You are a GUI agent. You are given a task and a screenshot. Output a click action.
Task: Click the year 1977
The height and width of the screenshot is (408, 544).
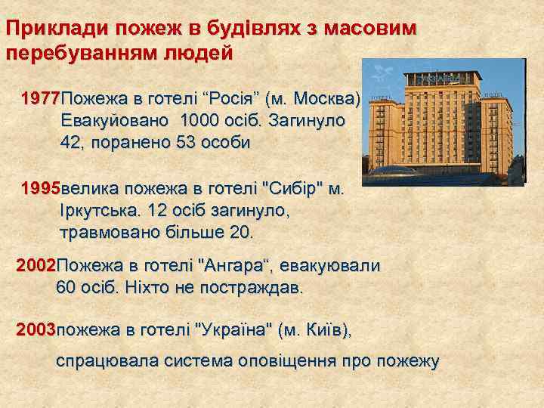tap(41, 99)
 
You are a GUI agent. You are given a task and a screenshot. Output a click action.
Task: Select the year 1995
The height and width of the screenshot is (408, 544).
tap(41, 188)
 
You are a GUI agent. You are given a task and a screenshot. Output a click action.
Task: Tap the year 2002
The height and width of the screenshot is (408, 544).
tap(36, 266)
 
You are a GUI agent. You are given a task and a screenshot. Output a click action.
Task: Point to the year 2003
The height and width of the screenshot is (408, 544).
tap(36, 329)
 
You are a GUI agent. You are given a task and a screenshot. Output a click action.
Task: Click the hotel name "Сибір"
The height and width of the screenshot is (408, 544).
tap(283, 188)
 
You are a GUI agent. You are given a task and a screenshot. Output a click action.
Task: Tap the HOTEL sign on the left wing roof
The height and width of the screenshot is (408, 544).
tap(383, 97)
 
